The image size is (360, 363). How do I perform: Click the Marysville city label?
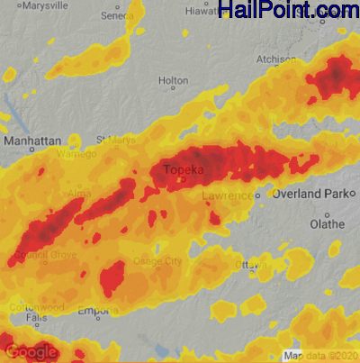(47, 6)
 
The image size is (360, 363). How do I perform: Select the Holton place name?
(173, 81)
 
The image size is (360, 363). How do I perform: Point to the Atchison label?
(276, 59)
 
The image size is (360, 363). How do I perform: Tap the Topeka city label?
(183, 169)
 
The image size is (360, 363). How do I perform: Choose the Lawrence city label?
(224, 195)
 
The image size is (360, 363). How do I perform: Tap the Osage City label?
(157, 261)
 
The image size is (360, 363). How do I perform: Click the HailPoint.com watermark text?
(288, 11)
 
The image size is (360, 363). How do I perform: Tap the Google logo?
(31, 352)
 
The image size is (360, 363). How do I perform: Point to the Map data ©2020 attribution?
(320, 354)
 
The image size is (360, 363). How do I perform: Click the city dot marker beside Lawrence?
(256, 195)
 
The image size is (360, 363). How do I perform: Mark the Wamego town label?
(78, 154)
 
